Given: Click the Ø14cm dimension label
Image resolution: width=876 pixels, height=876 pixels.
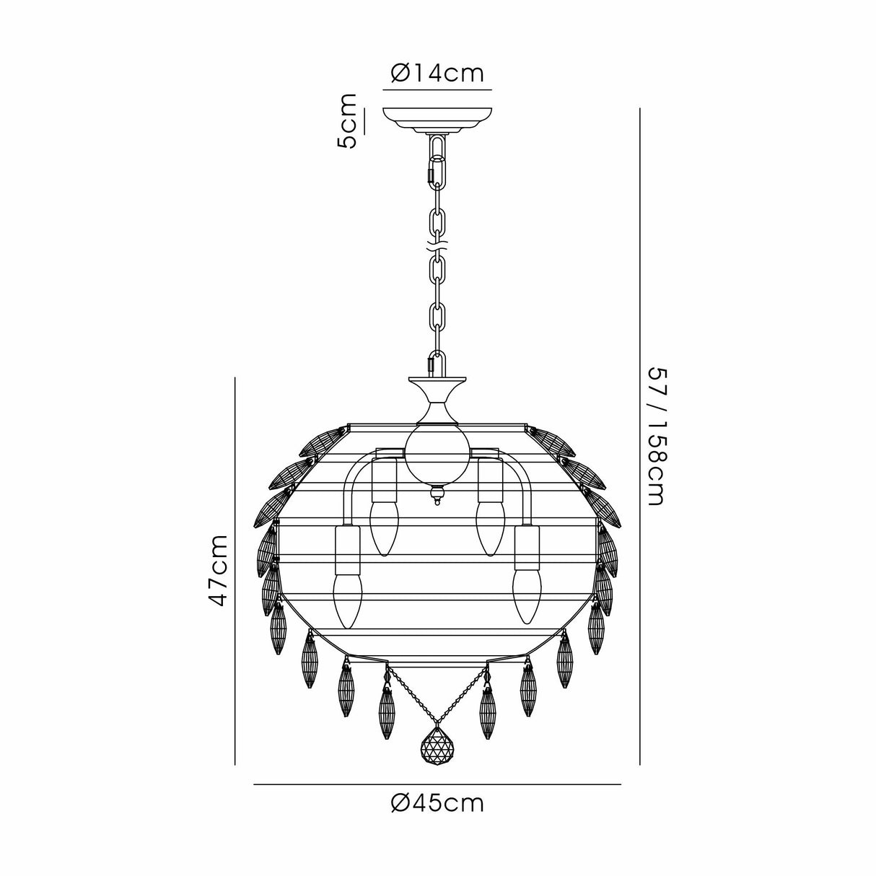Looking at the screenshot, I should [x=437, y=73].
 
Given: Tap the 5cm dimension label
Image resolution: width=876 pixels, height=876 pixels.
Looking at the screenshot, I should [x=348, y=121].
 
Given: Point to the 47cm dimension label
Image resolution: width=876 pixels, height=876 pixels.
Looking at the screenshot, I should [x=219, y=570].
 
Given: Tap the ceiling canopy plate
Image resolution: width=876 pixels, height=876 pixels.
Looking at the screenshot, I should [x=437, y=118].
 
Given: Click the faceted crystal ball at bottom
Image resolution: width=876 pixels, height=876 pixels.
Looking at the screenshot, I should [x=437, y=743].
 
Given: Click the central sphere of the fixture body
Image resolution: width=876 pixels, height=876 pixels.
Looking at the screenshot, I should [x=437, y=448].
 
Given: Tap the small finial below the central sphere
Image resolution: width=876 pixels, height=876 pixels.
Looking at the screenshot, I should [x=437, y=495].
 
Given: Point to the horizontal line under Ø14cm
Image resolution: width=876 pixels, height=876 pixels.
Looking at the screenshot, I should [x=437, y=90].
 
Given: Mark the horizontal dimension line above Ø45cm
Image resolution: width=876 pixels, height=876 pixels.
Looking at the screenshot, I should [x=437, y=784].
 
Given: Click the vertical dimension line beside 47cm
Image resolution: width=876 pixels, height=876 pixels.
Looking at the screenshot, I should [x=236, y=570].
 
